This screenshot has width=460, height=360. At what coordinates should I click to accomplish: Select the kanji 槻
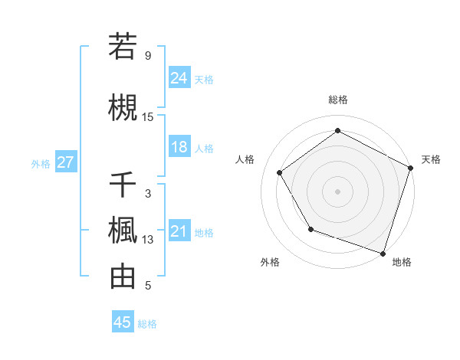(123, 106)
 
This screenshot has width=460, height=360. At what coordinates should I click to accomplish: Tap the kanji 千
(123, 185)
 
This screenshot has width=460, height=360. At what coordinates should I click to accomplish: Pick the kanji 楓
(123, 231)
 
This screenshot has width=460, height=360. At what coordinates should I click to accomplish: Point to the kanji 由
(123, 277)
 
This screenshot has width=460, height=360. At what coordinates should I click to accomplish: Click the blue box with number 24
(179, 78)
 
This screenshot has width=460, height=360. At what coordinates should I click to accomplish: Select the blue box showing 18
(179, 147)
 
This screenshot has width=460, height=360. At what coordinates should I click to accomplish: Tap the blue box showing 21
(179, 231)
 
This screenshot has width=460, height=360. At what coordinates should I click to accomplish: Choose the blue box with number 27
(65, 162)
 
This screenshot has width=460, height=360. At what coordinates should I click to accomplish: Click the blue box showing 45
(123, 322)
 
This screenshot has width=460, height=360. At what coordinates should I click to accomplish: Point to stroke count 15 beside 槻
(148, 116)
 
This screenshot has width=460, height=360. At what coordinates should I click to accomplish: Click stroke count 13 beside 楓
(148, 240)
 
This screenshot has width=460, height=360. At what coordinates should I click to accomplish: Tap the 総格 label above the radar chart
(337, 100)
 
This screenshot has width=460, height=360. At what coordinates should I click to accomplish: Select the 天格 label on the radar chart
(431, 159)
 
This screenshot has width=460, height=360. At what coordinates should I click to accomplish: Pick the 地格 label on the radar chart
(402, 262)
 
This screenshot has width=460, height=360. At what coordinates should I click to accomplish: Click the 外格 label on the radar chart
(270, 262)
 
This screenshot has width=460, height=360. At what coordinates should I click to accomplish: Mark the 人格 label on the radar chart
(245, 159)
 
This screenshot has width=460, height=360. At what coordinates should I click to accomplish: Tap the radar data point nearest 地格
(383, 252)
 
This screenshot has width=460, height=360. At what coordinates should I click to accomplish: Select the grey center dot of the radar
(337, 191)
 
